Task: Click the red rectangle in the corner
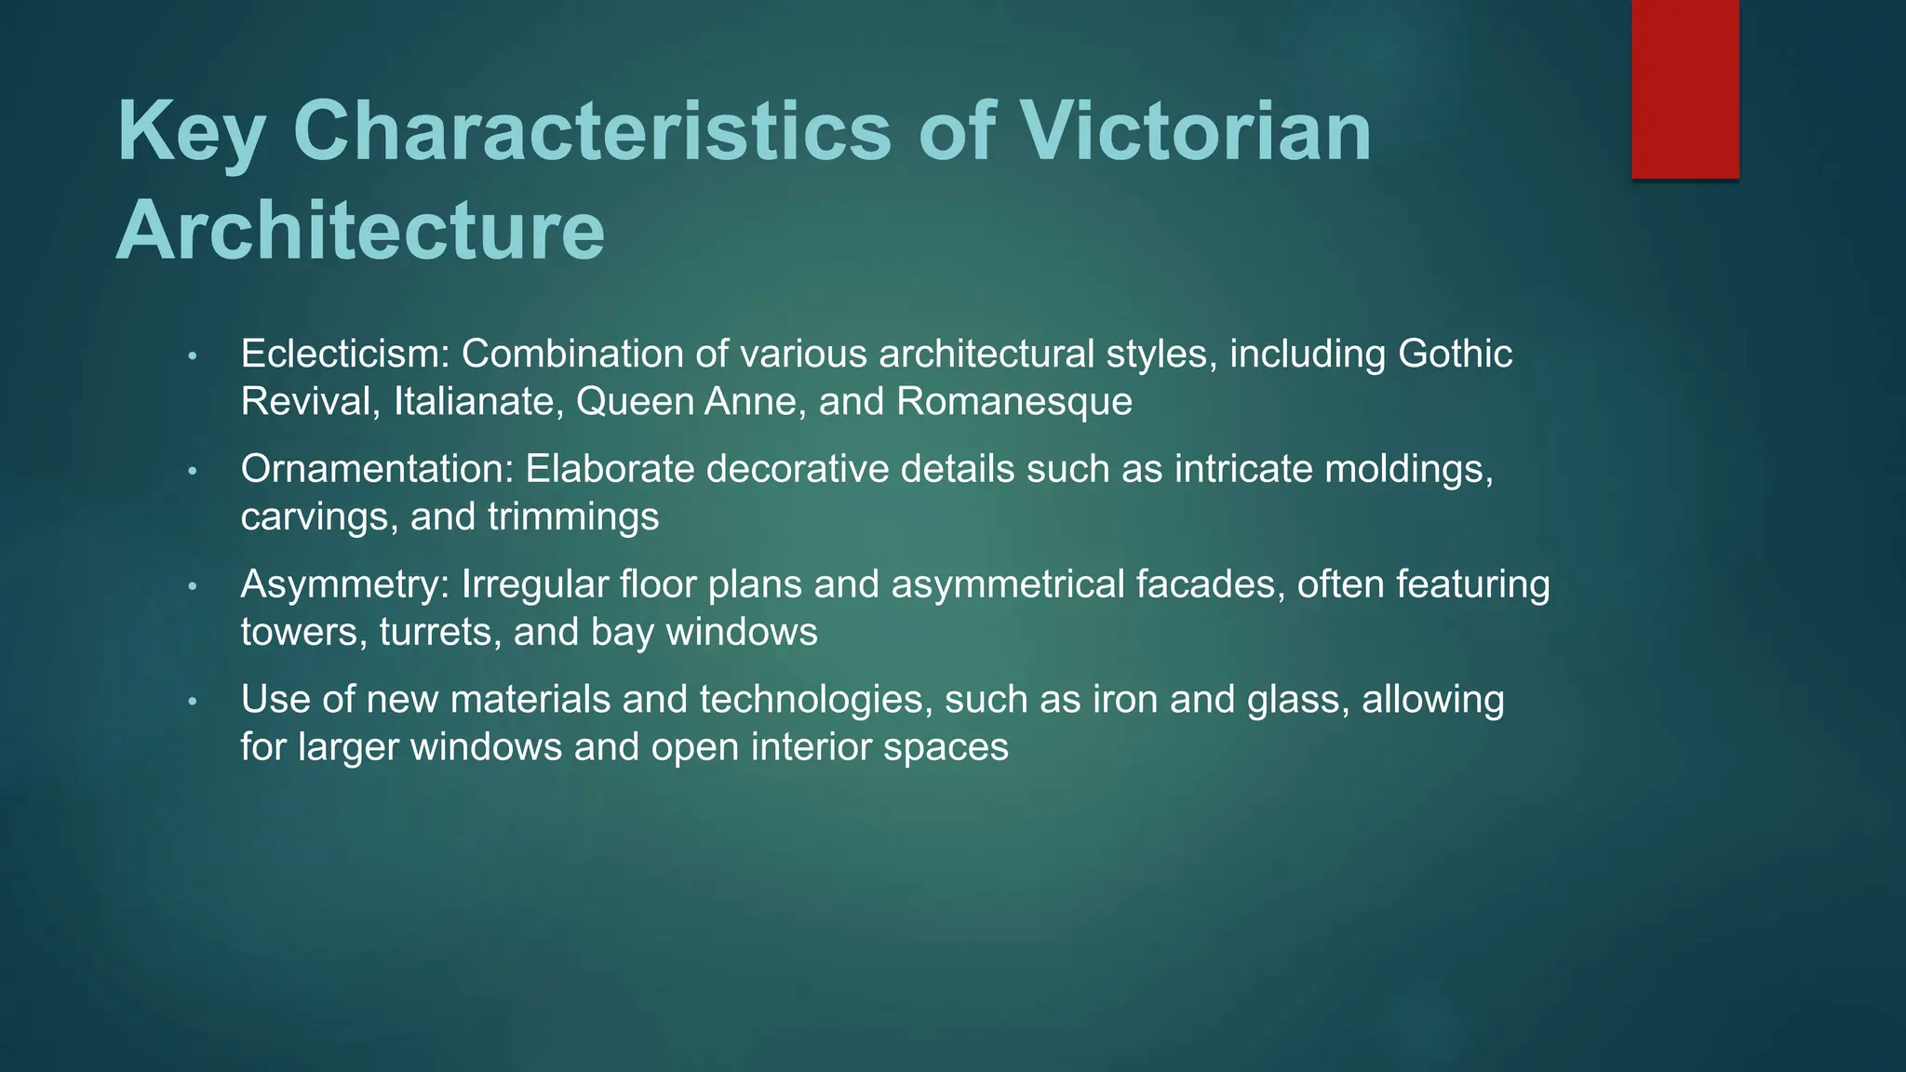click(x=1685, y=88)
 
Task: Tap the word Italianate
click(x=474, y=402)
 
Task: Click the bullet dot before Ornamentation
click(x=192, y=472)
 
